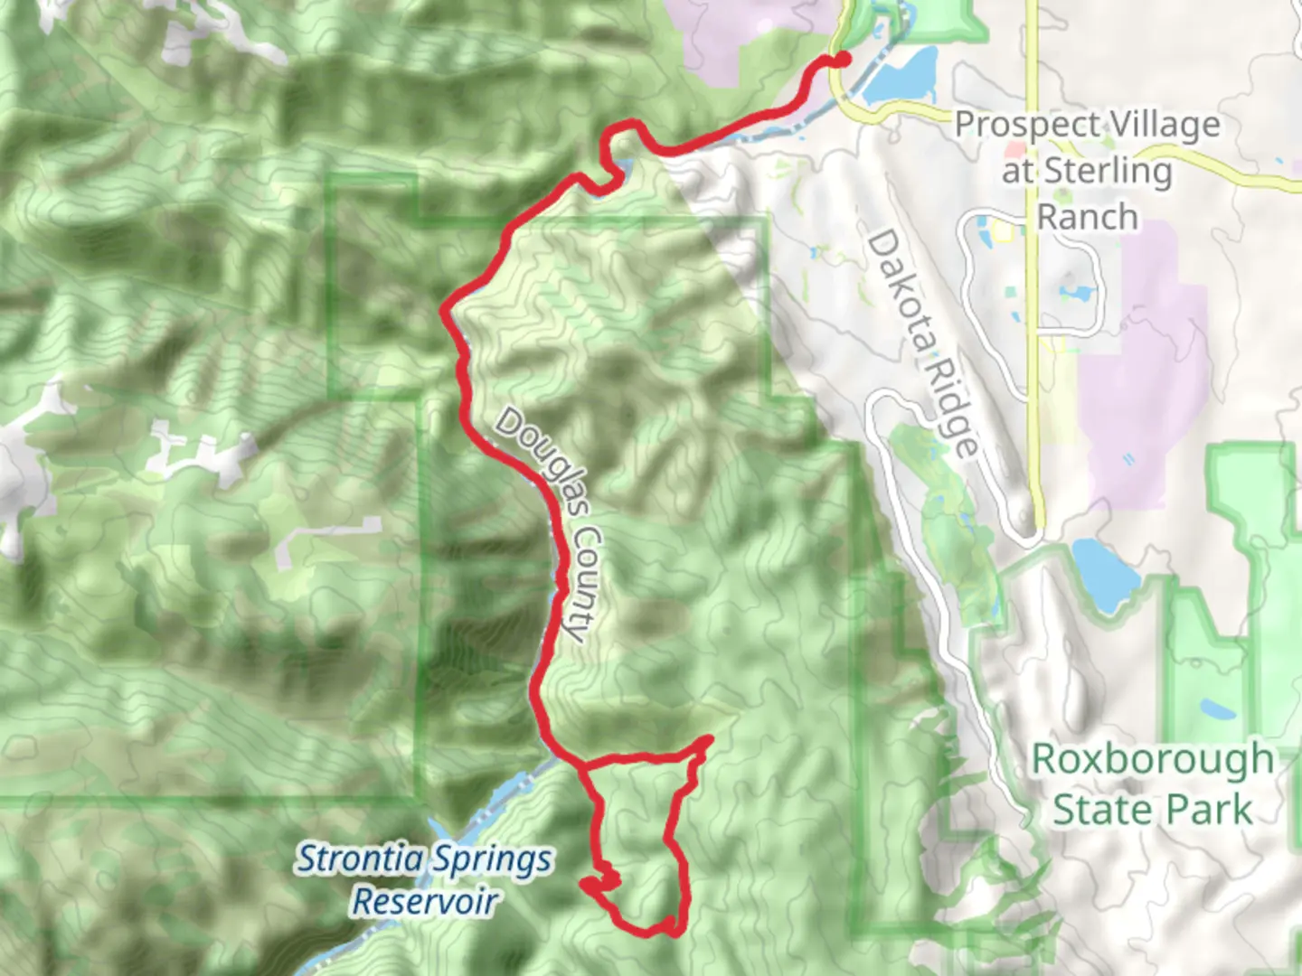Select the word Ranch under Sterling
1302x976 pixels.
(x=1087, y=218)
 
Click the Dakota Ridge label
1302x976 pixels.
(x=923, y=343)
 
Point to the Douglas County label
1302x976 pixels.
(x=548, y=524)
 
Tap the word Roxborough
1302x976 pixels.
(x=1152, y=760)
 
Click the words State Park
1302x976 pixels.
(x=1152, y=810)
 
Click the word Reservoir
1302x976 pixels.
(x=424, y=902)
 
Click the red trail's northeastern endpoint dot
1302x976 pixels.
(x=843, y=60)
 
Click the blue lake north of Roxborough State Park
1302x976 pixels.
(x=1105, y=573)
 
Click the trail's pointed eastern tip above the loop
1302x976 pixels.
(x=709, y=740)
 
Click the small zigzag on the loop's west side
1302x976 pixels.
(x=599, y=880)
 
